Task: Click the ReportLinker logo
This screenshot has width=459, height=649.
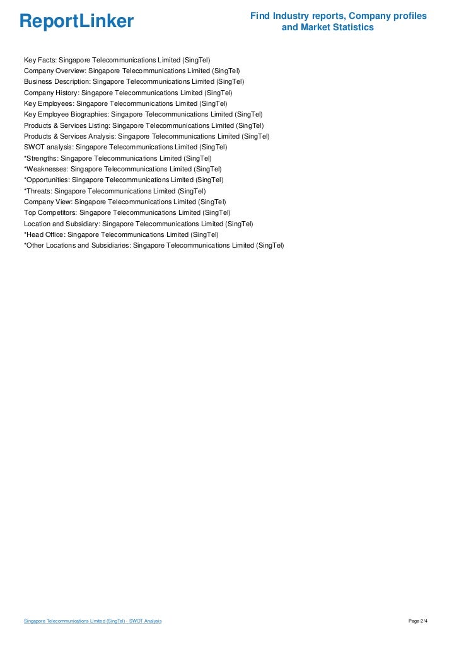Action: [x=76, y=22]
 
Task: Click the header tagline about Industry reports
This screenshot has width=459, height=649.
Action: [x=338, y=21]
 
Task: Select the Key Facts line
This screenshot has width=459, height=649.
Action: [x=117, y=60]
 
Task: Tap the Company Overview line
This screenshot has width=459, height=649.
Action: [x=132, y=71]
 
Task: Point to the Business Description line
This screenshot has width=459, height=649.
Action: [x=134, y=82]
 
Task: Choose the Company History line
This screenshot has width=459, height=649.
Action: [x=128, y=93]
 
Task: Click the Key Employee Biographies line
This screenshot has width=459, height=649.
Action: [x=143, y=115]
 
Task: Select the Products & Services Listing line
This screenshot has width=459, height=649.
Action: [x=144, y=125]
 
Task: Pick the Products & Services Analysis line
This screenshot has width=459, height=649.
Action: [x=146, y=136]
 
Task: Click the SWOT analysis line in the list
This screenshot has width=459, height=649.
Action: [x=125, y=147]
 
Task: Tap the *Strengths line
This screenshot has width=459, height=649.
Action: [x=117, y=158]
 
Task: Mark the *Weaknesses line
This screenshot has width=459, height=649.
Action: [x=122, y=169]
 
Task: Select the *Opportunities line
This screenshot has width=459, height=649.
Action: [x=124, y=180]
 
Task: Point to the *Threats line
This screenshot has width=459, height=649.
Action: [x=115, y=191]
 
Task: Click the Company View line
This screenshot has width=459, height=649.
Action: [x=125, y=202]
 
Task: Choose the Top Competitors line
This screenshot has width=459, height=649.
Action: [x=127, y=213]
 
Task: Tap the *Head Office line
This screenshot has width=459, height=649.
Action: [x=121, y=234]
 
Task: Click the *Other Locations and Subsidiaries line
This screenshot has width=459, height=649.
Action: [x=154, y=245]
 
